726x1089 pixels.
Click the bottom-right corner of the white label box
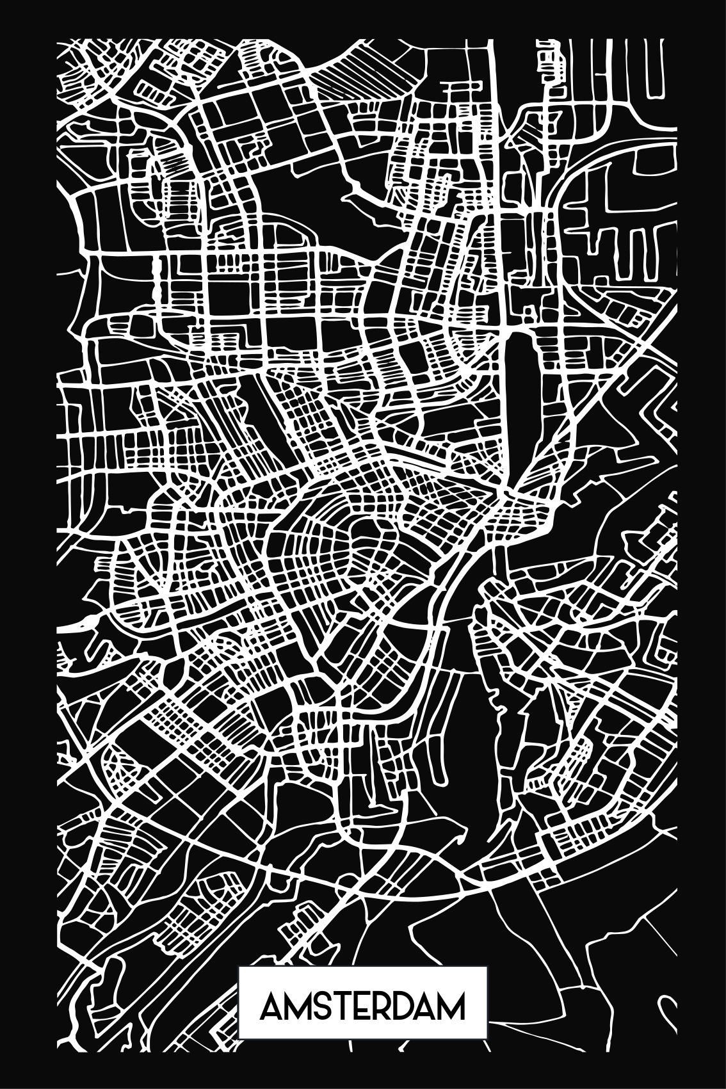pyautogui.click(x=487, y=1056)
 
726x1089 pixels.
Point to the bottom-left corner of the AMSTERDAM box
pyautogui.click(x=239, y=1056)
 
